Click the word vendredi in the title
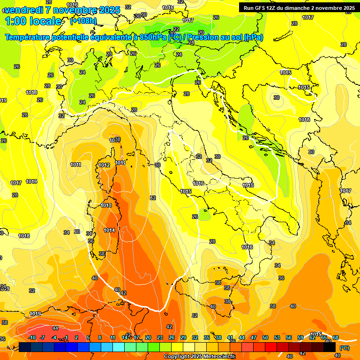pyautogui.click(x=23, y=9)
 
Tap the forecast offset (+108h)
pyautogui.click(x=83, y=21)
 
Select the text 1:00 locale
pyautogui.click(x=33, y=21)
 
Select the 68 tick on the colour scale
pyautogui.click(x=336, y=337)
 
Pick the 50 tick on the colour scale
pyautogui.click(x=265, y=337)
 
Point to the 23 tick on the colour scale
pyautogui.click(x=160, y=337)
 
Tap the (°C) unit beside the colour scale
pyautogui.click(x=344, y=348)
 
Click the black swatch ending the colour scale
pyautogui.click(x=330, y=347)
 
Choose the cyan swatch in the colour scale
pyautogui.click(x=119, y=347)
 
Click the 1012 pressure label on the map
pyautogui.click(x=104, y=165)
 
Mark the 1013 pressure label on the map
pyautogui.click(x=106, y=205)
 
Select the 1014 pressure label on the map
pyautogui.click(x=109, y=230)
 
